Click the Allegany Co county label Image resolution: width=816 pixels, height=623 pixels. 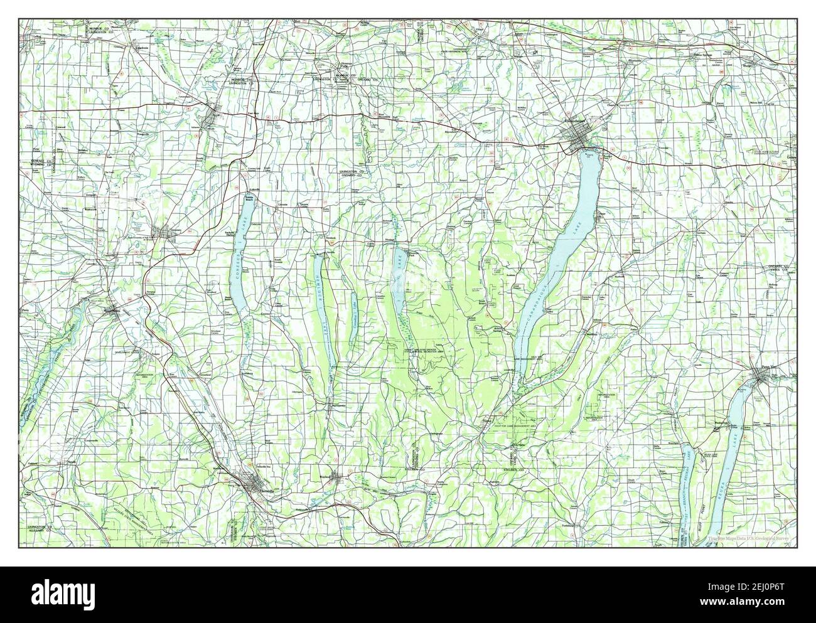point(39,531)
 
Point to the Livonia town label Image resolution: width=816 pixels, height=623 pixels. point(282,205)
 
